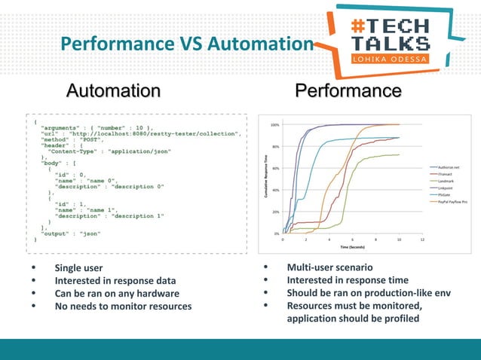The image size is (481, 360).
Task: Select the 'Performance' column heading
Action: [x=348, y=91]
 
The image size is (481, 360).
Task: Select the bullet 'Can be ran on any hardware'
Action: [x=116, y=294]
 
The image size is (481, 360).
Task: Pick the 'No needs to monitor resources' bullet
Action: [x=123, y=307]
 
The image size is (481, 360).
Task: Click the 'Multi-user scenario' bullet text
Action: [x=329, y=268]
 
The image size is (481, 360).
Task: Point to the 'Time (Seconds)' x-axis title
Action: [x=353, y=246]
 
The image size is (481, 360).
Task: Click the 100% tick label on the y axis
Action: [x=276, y=125]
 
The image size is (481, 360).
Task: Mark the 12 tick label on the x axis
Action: [x=422, y=239]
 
